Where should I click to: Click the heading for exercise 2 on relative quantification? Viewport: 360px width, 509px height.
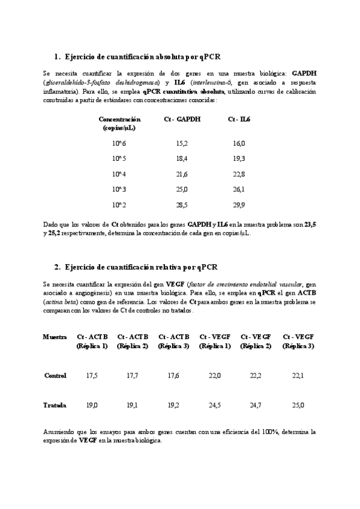click(x=139, y=267)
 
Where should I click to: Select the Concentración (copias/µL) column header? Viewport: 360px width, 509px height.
click(x=119, y=124)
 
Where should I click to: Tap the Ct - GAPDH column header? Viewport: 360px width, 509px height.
click(x=182, y=119)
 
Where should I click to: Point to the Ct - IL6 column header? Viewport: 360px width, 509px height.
click(x=239, y=119)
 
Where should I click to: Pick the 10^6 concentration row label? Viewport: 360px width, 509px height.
click(x=119, y=143)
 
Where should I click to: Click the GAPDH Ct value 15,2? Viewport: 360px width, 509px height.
click(x=182, y=143)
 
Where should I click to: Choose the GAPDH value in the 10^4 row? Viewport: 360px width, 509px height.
click(x=182, y=173)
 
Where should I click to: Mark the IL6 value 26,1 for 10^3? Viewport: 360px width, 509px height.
click(x=238, y=189)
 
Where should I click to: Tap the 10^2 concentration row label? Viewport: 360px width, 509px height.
click(x=119, y=204)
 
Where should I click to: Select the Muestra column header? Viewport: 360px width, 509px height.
click(x=55, y=337)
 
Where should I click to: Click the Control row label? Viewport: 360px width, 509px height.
click(x=55, y=375)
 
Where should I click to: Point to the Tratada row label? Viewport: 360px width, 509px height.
click(x=55, y=405)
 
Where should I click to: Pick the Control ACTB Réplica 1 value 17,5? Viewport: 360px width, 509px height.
click(x=92, y=375)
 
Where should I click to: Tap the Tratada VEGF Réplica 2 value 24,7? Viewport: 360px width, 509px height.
click(x=255, y=405)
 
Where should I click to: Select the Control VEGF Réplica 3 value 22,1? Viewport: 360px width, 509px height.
click(x=297, y=375)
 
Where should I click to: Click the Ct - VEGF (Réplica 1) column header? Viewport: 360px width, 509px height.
click(x=214, y=342)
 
